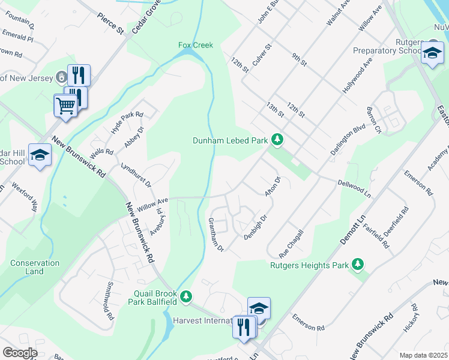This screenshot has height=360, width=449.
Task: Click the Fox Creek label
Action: pos(196,45)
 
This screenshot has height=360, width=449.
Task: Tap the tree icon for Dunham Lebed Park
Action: pos(277,140)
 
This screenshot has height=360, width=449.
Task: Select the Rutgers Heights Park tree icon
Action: pos(358,264)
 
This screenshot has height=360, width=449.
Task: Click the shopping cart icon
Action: pos(65,106)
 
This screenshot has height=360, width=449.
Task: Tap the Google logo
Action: pos(20,353)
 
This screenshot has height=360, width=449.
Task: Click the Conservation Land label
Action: pos(35,267)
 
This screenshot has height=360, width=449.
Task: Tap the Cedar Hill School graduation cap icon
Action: pos(40,155)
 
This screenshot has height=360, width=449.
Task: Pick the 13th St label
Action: pos(275,109)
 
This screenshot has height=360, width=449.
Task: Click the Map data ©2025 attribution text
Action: pos(423,355)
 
